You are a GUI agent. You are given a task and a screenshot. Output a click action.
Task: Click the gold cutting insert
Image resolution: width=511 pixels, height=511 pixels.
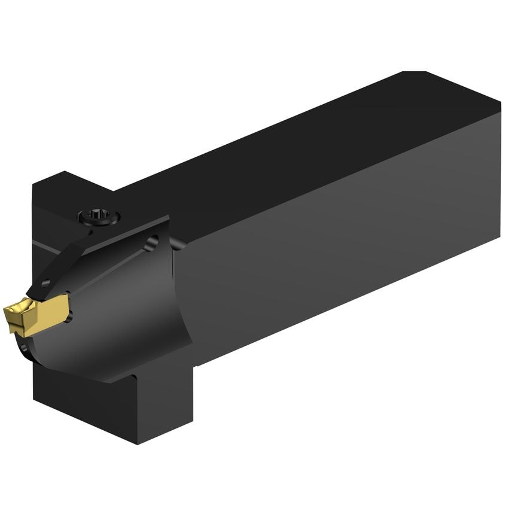tap(37, 313)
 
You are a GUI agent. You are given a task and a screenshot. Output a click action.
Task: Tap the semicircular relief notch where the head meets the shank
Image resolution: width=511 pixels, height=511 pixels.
tap(177, 243)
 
